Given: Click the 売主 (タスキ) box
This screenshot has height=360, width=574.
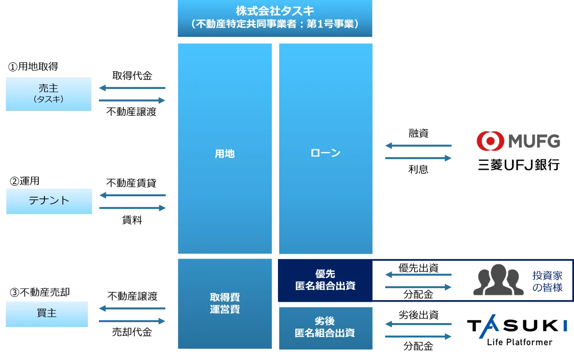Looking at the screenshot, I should (48, 94).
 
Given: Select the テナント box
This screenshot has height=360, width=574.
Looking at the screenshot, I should (49, 201).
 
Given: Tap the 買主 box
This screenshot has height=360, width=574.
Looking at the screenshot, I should (46, 314).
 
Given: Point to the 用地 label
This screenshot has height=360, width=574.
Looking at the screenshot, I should (224, 154).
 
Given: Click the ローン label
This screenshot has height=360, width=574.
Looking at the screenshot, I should (325, 153).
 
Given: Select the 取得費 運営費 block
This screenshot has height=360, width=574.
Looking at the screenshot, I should (224, 304).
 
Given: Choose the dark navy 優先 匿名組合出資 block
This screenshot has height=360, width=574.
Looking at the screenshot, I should (325, 280).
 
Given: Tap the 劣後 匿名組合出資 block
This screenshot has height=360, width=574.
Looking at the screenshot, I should (325, 327).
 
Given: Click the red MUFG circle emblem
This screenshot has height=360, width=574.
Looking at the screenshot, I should (490, 141).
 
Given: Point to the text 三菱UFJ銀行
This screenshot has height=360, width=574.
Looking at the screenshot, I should (519, 166).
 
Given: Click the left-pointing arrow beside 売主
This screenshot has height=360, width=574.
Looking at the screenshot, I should (132, 88).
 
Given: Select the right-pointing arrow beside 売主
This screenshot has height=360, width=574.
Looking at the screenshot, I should (132, 100).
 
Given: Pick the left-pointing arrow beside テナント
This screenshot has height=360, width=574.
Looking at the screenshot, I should (132, 195).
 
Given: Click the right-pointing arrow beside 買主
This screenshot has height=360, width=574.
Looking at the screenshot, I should (132, 322).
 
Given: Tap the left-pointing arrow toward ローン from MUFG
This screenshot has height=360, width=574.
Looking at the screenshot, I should (419, 146).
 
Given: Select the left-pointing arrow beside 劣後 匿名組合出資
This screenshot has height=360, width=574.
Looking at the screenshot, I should (419, 325).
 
